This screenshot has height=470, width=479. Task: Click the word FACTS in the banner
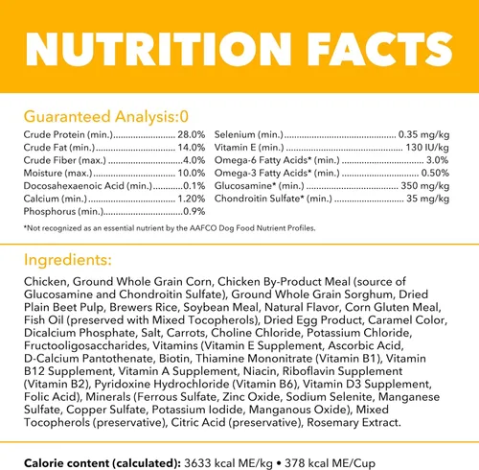tap(379, 49)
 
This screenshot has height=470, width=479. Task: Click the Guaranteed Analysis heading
tap(106, 117)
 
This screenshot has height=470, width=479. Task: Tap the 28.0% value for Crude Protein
tap(191, 134)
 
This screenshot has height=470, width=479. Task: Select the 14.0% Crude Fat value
tap(191, 148)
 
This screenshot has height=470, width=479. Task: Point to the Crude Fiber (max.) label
tap(64, 160)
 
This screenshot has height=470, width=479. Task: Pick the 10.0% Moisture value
tap(191, 173)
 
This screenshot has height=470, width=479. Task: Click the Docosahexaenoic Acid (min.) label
tap(88, 186)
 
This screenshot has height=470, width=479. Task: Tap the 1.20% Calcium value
tap(191, 199)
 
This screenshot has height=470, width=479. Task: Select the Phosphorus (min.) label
tap(63, 212)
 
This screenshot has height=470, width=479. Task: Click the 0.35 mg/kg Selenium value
tap(423, 134)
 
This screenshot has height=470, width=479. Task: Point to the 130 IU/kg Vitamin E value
tap(427, 148)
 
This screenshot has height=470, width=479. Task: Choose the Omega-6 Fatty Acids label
tap(277, 160)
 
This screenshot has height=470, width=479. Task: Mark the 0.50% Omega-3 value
tap(435, 173)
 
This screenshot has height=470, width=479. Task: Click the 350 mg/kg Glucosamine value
tap(425, 186)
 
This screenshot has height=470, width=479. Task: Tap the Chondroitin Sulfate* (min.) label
tap(273, 199)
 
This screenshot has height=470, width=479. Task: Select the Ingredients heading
tap(68, 260)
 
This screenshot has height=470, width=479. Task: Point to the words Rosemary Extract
tap(354, 422)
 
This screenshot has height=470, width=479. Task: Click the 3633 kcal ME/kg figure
tap(228, 463)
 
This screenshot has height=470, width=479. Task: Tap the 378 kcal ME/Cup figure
tap(330, 463)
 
